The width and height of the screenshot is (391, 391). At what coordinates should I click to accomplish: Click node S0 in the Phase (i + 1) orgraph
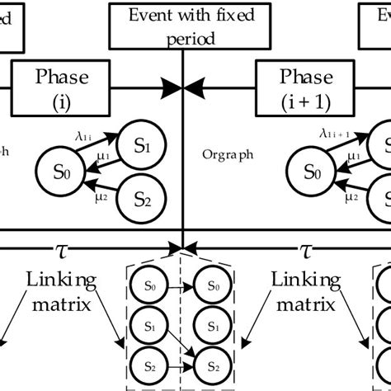(310, 172)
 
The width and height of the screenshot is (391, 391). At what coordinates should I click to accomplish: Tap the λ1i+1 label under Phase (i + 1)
(334, 130)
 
